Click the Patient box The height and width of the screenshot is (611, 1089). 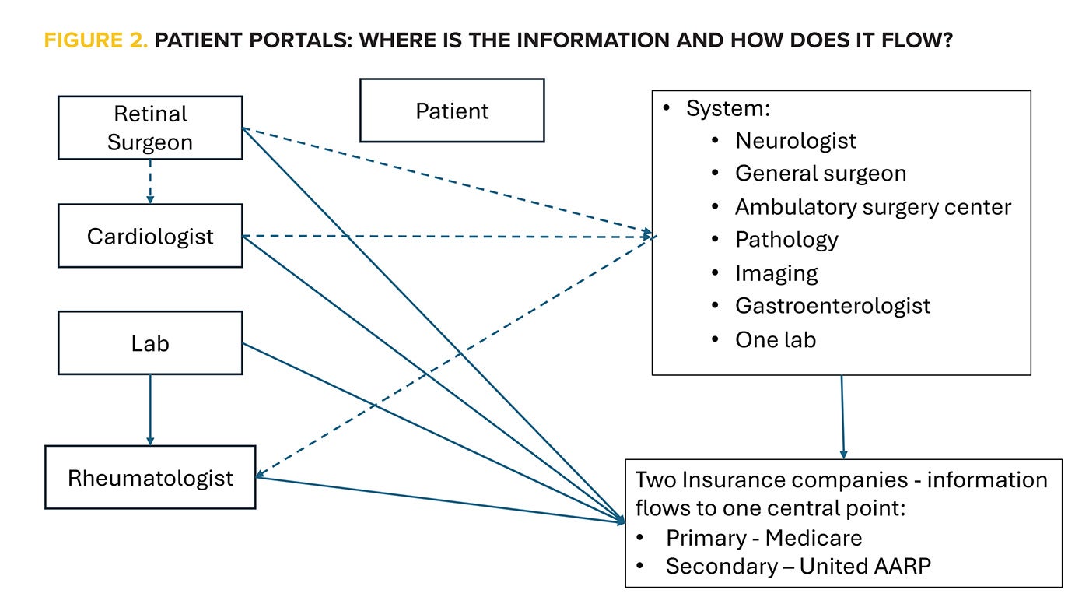point(452,111)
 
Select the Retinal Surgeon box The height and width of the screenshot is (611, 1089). point(150,128)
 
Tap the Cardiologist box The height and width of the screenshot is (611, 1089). point(150,236)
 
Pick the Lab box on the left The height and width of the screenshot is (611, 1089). point(150,343)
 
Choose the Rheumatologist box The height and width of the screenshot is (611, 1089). point(150,477)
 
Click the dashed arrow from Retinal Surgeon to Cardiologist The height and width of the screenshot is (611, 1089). point(150,181)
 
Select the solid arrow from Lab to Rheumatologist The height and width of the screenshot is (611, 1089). point(150,409)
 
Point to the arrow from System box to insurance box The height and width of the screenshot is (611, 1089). point(842,416)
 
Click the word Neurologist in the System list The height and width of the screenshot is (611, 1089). point(795,141)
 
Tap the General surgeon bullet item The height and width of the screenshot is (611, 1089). point(820,173)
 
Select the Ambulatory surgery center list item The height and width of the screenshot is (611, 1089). point(873,207)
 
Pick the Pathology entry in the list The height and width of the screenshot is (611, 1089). point(786,240)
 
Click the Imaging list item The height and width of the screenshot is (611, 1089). point(776,273)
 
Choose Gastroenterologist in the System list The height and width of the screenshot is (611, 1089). point(832,306)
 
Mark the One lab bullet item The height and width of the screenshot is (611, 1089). point(775,339)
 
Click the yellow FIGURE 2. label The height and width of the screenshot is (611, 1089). point(95,41)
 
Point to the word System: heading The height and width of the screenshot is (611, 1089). point(727,108)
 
